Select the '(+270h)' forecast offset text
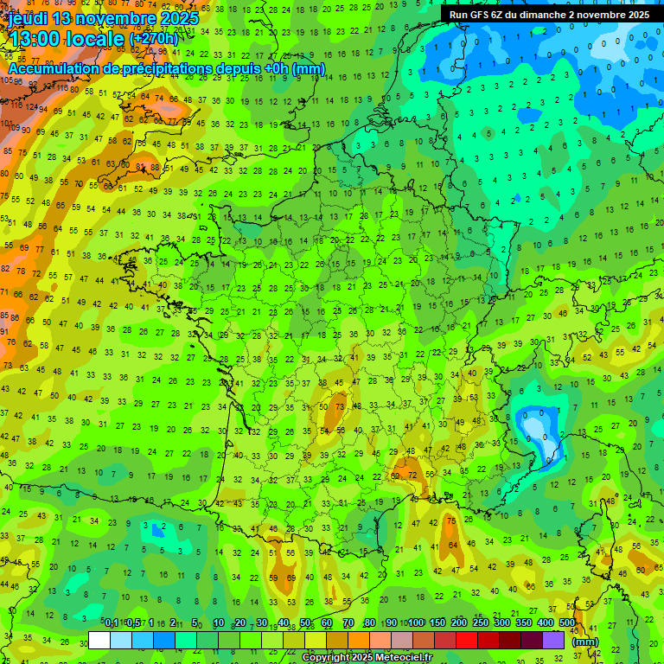pos(154,39)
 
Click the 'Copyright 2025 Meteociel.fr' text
pos(367,658)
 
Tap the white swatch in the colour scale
pos(99,640)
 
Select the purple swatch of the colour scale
pos(554,640)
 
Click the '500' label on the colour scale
pos(567,623)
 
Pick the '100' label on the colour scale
pos(416,623)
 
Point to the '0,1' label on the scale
pos(112,623)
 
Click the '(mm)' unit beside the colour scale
pos(585,642)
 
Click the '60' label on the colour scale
pos(327,623)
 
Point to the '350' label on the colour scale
pos(524,623)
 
